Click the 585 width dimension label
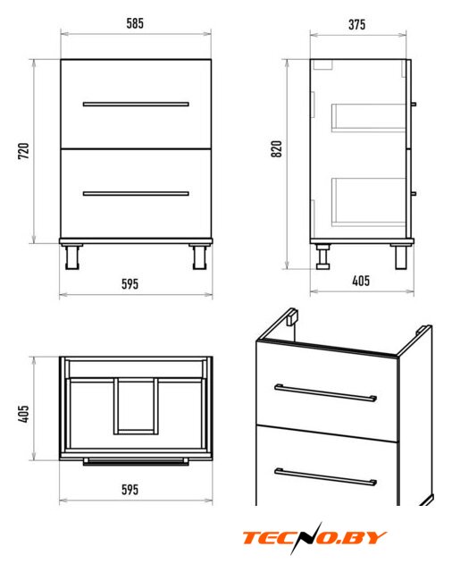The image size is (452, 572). [135, 23]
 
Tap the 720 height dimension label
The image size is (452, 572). [24, 151]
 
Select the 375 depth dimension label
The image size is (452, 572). [356, 25]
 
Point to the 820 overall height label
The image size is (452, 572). [277, 149]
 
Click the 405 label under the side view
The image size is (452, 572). [361, 281]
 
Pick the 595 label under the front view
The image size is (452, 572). [130, 284]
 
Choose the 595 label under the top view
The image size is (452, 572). [130, 490]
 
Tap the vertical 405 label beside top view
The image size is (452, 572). [24, 414]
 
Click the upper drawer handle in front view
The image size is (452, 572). [136, 104]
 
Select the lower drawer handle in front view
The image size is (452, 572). [136, 193]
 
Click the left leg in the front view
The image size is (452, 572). [71, 257]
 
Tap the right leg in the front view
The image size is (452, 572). [200, 257]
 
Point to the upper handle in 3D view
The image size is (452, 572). [325, 392]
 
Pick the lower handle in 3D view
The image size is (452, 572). [325, 477]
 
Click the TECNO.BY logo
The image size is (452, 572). [314, 538]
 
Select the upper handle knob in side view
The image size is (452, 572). [414, 105]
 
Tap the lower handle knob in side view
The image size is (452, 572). [414, 193]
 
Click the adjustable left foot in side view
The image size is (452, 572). [323, 257]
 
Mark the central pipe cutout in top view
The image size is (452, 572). [136, 407]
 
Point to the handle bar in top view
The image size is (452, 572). [136, 462]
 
